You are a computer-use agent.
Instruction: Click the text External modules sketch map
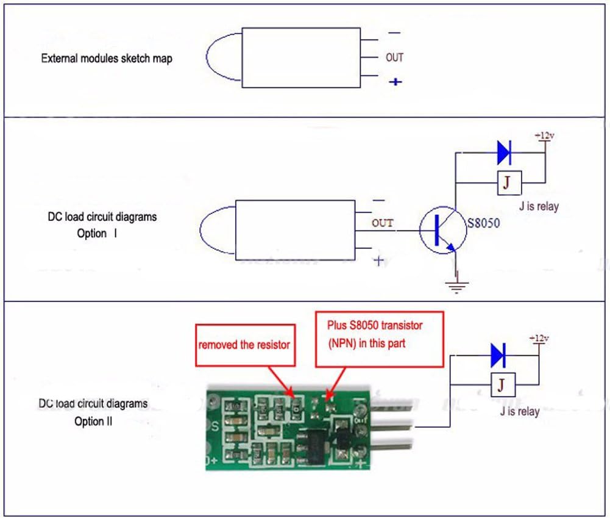(x=107, y=59)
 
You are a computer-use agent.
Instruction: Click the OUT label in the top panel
(x=394, y=57)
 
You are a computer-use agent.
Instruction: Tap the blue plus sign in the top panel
(x=395, y=81)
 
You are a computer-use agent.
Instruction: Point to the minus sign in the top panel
(x=394, y=34)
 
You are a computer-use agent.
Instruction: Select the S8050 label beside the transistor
(x=483, y=223)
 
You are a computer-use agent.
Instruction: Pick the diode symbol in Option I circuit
(x=504, y=153)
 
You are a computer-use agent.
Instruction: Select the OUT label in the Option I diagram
(x=383, y=223)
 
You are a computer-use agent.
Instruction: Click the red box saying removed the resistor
(x=243, y=345)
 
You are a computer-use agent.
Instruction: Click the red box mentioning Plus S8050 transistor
(x=379, y=339)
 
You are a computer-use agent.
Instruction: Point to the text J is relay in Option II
(x=519, y=411)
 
